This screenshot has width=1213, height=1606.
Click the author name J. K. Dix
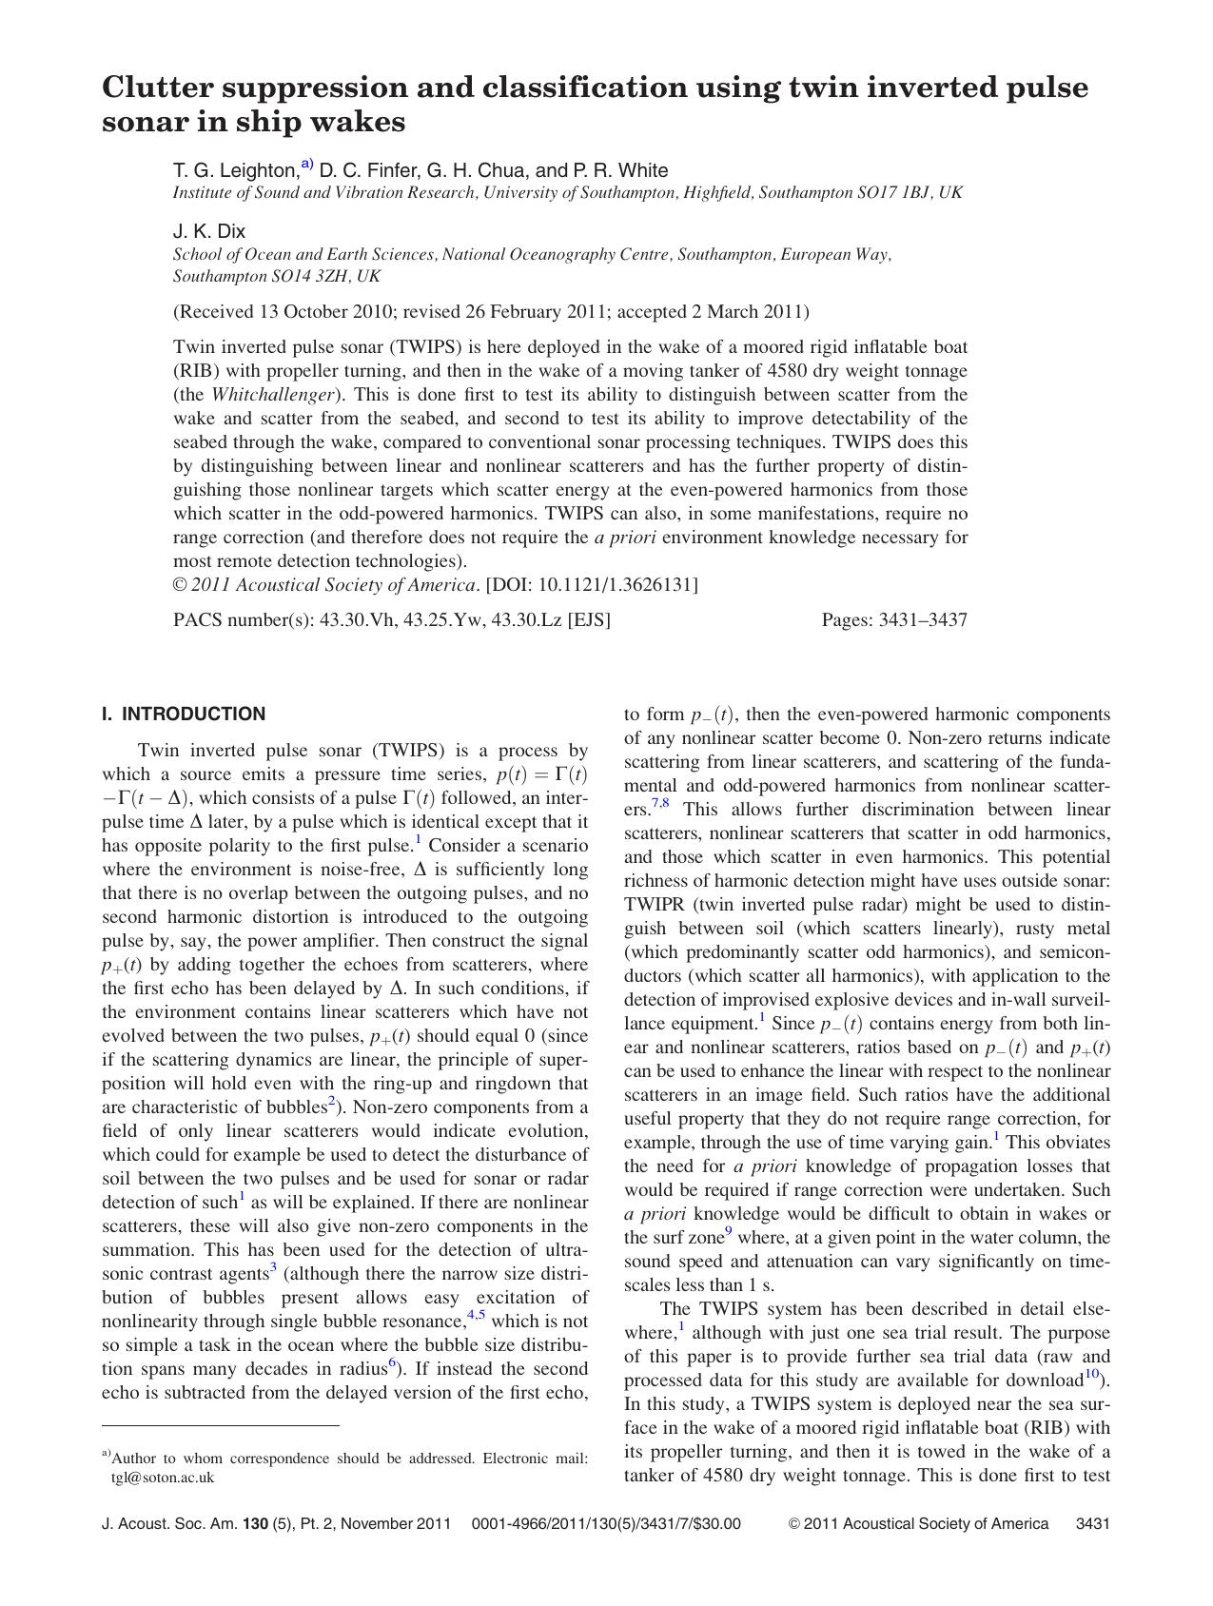[x=209, y=231]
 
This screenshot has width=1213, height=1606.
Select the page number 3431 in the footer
[x=1092, y=1523]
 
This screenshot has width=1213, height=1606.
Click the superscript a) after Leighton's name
[x=307, y=164]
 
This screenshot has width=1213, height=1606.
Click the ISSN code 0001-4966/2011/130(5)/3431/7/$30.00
[x=605, y=1523]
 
